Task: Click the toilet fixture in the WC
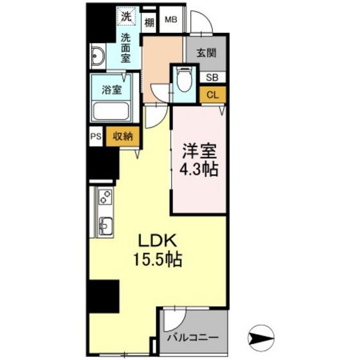[184, 79]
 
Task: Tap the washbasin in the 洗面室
[98, 56]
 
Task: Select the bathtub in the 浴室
[112, 111]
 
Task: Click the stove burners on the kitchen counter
[105, 197]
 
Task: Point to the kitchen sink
[105, 226]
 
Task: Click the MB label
[171, 20]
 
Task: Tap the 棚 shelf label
[149, 22]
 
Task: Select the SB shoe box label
[212, 78]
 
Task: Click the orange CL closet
[213, 95]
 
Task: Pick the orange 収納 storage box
[123, 136]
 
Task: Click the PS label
[96, 136]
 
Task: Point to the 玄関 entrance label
[206, 53]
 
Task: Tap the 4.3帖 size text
[199, 170]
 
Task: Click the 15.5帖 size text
[158, 260]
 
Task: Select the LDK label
[157, 240]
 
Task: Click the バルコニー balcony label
[192, 337]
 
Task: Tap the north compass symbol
[261, 337]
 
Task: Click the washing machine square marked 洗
[126, 16]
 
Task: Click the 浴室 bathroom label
[112, 90]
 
